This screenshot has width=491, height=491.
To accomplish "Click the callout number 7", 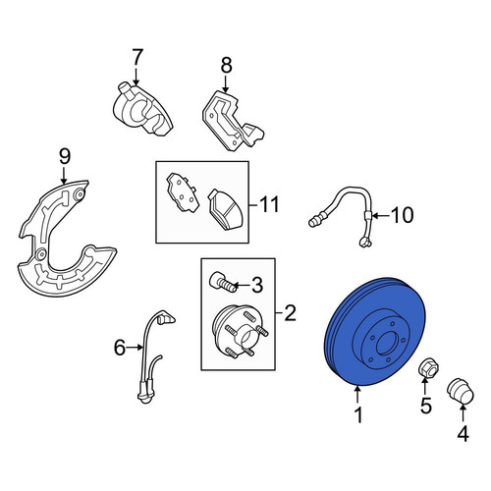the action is (x=137, y=58).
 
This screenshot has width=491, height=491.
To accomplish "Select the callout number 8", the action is (x=227, y=65).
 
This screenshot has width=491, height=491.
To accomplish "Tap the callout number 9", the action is (x=65, y=156).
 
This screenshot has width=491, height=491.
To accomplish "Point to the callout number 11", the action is (x=269, y=204).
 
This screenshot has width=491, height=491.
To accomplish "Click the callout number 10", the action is (x=403, y=215).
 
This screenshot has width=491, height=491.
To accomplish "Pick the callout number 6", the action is (x=120, y=348).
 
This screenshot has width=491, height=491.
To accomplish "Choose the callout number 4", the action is (x=463, y=434).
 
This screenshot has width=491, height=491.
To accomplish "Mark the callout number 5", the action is (x=426, y=407).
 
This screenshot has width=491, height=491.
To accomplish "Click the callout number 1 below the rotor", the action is (x=359, y=415).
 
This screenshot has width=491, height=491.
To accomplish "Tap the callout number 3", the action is (x=257, y=285).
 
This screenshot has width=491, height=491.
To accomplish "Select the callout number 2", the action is (x=290, y=313).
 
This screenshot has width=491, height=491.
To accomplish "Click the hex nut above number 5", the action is (x=428, y=368).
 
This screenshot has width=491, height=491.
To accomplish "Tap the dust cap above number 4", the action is (x=461, y=391).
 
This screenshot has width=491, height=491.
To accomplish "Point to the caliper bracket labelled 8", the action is (x=233, y=121).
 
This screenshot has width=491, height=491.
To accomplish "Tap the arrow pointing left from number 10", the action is (x=381, y=216).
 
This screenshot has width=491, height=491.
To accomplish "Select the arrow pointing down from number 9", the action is (x=64, y=175).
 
